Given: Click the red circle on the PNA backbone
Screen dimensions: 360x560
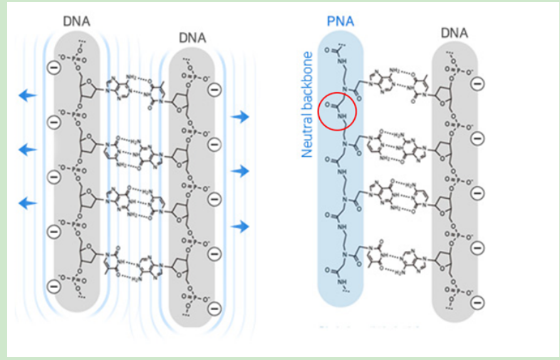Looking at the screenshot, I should point(338,112).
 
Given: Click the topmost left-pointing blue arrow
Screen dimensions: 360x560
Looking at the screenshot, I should point(27,96).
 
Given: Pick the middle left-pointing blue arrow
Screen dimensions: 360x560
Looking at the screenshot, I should point(27,149).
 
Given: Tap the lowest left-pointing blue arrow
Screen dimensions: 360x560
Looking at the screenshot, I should point(27,202).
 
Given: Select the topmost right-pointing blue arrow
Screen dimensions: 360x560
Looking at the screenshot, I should point(241,116).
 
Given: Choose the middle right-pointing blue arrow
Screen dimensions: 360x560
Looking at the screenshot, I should point(241,170).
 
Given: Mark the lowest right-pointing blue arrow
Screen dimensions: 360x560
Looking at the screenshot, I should point(241,226).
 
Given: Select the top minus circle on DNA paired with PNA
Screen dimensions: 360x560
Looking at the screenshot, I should point(477,83).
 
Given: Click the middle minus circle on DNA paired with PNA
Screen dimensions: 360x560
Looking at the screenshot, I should point(477,193).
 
